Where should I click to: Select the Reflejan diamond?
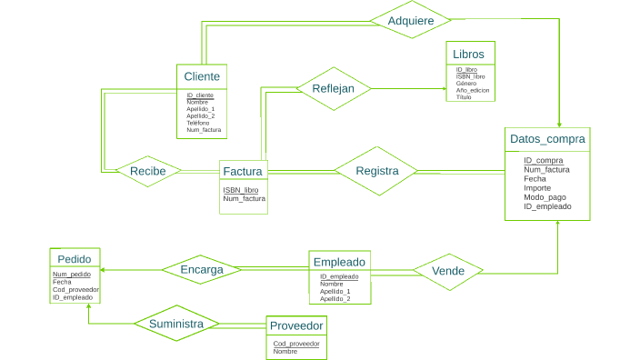[x=334, y=88]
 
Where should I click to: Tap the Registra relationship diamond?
[x=376, y=171]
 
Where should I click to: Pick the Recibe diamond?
[x=147, y=171]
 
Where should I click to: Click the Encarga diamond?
[x=201, y=269]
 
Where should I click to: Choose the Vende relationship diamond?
[x=448, y=271]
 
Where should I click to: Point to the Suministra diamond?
[x=176, y=323]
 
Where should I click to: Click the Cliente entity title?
[x=201, y=75]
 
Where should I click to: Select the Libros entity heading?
[x=468, y=54]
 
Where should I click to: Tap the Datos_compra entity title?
[x=547, y=139]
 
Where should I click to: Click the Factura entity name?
[x=243, y=171]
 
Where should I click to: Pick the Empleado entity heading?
[x=339, y=262]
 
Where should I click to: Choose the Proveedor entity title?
[x=296, y=325]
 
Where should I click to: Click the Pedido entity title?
[x=75, y=258]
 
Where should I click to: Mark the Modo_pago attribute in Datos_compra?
[x=545, y=197]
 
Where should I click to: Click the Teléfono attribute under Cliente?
[x=198, y=123]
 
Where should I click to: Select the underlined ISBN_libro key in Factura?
[x=241, y=190]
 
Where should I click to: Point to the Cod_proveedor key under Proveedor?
[x=296, y=344]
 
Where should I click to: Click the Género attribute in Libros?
[x=466, y=83]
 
